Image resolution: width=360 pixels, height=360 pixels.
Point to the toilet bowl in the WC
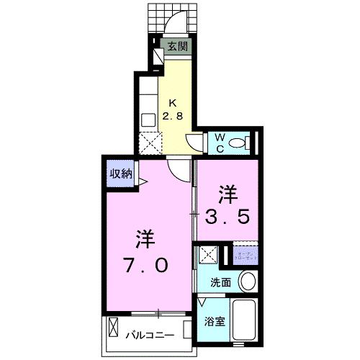coord(242,141)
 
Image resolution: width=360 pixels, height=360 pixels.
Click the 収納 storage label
coord(120,173)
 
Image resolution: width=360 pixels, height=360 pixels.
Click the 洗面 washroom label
coord(221,282)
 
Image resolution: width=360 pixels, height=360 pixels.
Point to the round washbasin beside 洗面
coord(246,281)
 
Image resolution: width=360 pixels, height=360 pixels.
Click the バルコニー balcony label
coord(151,336)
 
